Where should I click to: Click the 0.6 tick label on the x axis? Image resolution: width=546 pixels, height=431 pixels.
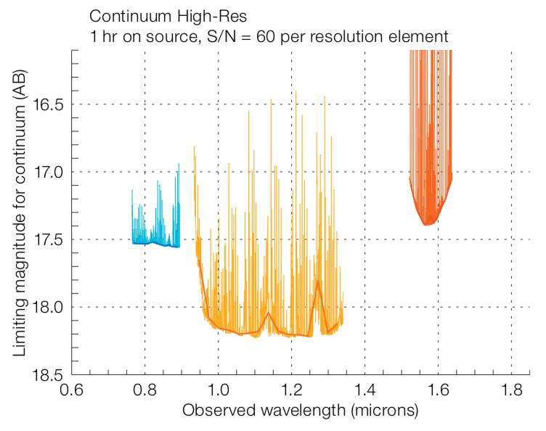click(x=70, y=390)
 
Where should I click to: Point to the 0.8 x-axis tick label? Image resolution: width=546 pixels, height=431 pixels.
click(x=144, y=390)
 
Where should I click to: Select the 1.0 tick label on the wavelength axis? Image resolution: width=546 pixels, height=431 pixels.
click(x=218, y=390)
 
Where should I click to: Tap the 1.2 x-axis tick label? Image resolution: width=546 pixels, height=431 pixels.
click(x=291, y=390)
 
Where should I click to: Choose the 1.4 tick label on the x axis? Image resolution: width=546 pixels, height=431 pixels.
click(x=364, y=390)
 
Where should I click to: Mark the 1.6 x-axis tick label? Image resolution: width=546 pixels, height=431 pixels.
click(x=438, y=390)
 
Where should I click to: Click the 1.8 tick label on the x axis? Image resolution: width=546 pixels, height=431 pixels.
click(x=511, y=390)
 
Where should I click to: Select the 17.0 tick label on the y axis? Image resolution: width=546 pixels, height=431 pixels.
click(x=50, y=173)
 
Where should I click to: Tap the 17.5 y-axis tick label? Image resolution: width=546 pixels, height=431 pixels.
click(x=50, y=240)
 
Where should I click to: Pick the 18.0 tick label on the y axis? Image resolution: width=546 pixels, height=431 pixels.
click(x=50, y=308)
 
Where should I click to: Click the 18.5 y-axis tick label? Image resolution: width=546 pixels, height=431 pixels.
click(x=50, y=374)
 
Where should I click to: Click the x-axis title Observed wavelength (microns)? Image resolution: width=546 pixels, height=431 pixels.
click(x=300, y=411)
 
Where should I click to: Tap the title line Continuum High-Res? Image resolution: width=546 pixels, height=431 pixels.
click(x=158, y=15)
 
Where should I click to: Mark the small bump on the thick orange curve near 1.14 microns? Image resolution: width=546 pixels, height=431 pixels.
click(x=269, y=313)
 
